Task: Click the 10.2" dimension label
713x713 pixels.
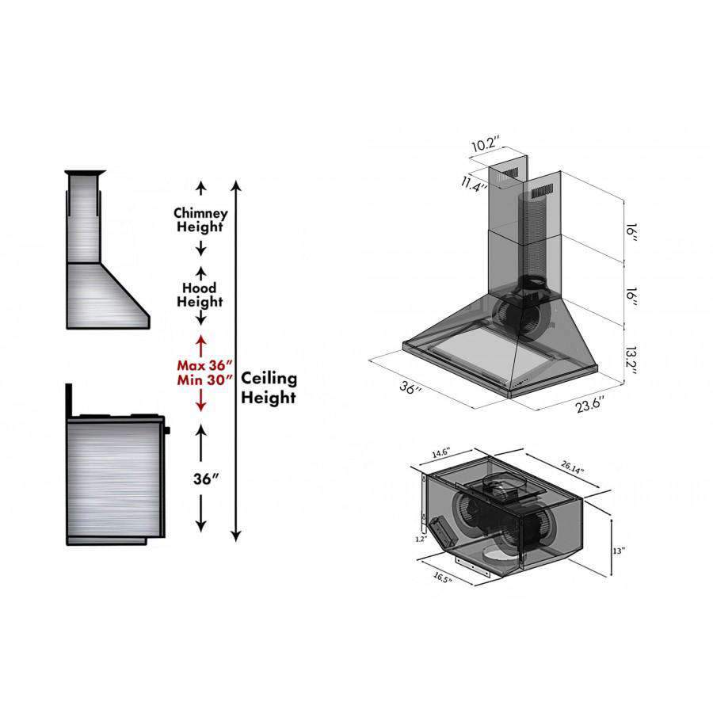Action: (x=486, y=145)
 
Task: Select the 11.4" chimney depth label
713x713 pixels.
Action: (x=475, y=184)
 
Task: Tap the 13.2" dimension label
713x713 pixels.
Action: (x=631, y=361)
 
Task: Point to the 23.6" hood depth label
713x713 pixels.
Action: (x=589, y=404)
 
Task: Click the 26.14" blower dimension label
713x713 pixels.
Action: (x=572, y=467)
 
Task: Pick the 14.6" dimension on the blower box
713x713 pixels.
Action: (x=440, y=453)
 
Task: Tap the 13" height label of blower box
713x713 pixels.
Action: (x=619, y=551)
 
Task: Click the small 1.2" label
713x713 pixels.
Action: (x=421, y=539)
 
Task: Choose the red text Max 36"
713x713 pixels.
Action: (x=204, y=365)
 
